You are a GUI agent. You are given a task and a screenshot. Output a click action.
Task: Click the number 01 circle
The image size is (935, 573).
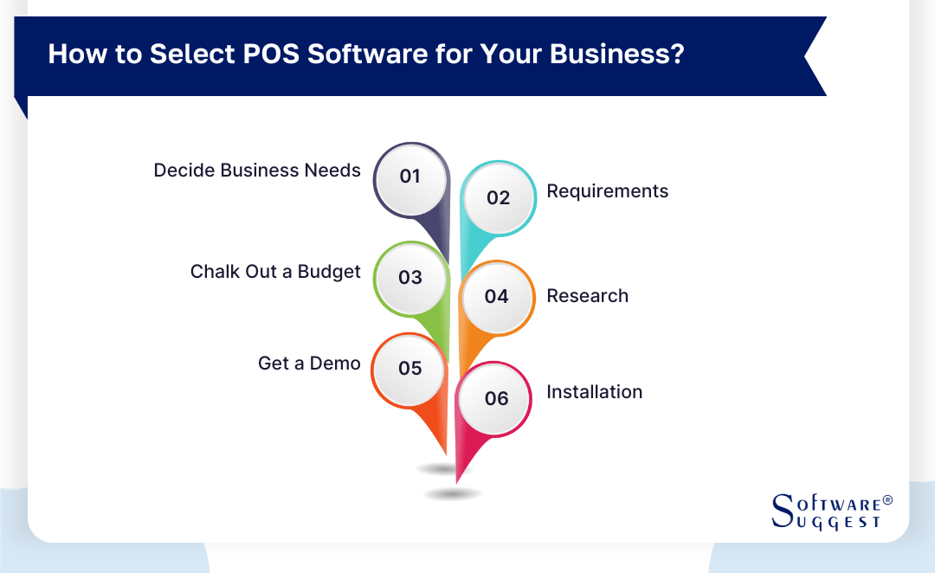[x=410, y=177]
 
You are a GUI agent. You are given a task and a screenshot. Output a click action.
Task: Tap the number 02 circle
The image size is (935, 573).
[x=499, y=198]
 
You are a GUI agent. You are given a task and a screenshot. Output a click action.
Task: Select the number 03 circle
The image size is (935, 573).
[x=410, y=278]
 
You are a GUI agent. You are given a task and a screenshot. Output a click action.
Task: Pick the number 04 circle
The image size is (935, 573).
[x=497, y=297]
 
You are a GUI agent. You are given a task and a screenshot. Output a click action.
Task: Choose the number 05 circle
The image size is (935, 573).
[x=410, y=369]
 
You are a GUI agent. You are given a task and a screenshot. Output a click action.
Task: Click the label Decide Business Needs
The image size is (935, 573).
[x=257, y=171]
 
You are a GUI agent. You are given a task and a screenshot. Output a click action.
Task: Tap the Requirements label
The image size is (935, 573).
[x=607, y=191]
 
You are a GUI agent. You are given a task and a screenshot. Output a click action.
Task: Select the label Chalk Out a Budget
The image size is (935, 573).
[x=275, y=272]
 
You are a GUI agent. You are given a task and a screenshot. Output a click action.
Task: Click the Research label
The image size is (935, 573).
[x=587, y=296]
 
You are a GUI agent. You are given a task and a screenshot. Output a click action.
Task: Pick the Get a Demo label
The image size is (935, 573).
[x=309, y=364]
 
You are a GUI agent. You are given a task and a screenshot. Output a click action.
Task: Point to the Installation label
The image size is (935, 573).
[x=594, y=392]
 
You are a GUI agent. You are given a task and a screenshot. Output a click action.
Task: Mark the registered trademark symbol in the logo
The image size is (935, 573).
[x=887, y=501]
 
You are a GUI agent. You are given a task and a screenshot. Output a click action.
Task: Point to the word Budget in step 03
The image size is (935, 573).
[x=329, y=272]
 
